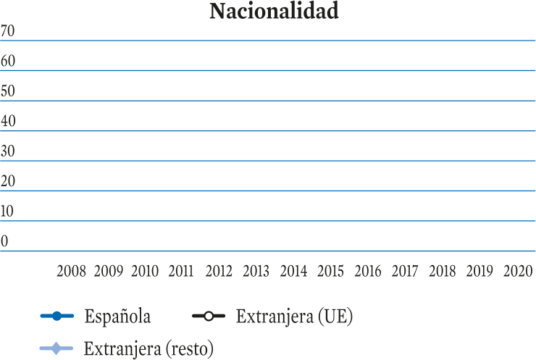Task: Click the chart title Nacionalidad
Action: click(274, 11)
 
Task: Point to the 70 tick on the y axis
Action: click(7, 30)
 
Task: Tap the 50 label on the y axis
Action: click(7, 91)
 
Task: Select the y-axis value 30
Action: click(7, 151)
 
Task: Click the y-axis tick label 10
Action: click(7, 212)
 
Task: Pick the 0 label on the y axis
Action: click(4, 241)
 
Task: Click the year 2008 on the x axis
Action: click(71, 272)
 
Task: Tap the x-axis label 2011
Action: click(181, 272)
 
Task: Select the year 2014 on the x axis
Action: click(293, 272)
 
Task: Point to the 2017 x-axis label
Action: click(405, 272)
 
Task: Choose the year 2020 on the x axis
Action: click(518, 272)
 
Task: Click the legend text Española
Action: click(117, 317)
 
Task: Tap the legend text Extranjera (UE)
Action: click(294, 317)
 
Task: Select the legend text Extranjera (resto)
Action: click(148, 349)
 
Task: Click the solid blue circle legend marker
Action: click(57, 316)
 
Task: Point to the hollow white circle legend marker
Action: click(209, 316)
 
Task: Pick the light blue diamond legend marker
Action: click(56, 348)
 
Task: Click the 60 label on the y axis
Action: click(7, 61)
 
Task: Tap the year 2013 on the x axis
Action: click(256, 272)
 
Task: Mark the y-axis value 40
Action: click(7, 121)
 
